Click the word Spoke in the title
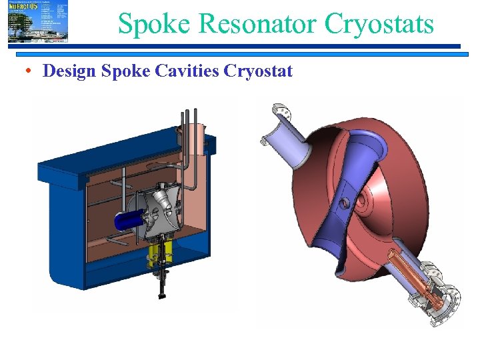(x=155, y=24)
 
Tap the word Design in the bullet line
(x=69, y=71)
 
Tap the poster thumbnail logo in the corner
(x=38, y=21)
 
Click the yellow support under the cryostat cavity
(x=163, y=252)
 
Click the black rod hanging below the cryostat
(x=162, y=287)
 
